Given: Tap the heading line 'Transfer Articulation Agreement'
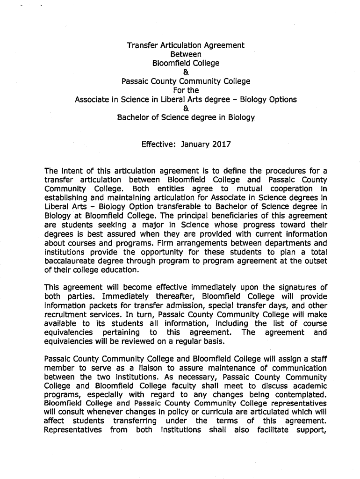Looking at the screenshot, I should point(186,45).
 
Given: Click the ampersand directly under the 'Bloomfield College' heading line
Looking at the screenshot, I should point(186,72).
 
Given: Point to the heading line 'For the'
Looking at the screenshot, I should point(186,90).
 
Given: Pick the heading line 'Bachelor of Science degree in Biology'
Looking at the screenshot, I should point(186,117).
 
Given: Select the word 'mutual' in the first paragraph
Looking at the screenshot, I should point(252,189).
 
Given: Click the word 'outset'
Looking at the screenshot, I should point(316,261).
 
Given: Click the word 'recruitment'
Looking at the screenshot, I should point(66,314).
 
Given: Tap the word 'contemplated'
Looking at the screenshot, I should point(301,394).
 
